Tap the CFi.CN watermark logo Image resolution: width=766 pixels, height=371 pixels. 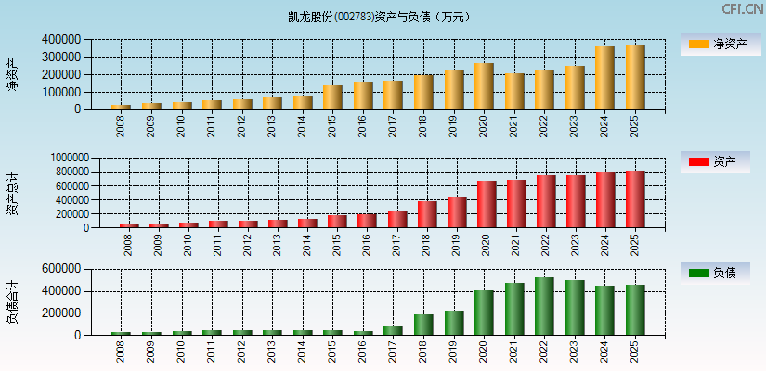point(743,9)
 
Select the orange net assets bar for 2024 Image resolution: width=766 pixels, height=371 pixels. point(604,78)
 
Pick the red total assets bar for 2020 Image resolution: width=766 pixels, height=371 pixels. point(487,204)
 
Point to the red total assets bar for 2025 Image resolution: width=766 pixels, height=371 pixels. point(635,198)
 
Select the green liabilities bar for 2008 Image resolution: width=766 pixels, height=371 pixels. point(121,333)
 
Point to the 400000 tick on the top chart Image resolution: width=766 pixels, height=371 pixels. point(61,40)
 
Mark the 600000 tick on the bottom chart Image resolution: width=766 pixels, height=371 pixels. point(61,269)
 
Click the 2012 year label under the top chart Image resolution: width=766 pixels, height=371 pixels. point(242,125)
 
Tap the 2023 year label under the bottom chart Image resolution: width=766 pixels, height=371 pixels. point(575,352)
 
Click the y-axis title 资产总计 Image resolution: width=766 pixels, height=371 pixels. point(13,193)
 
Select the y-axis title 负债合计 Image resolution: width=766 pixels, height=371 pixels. point(13,301)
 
